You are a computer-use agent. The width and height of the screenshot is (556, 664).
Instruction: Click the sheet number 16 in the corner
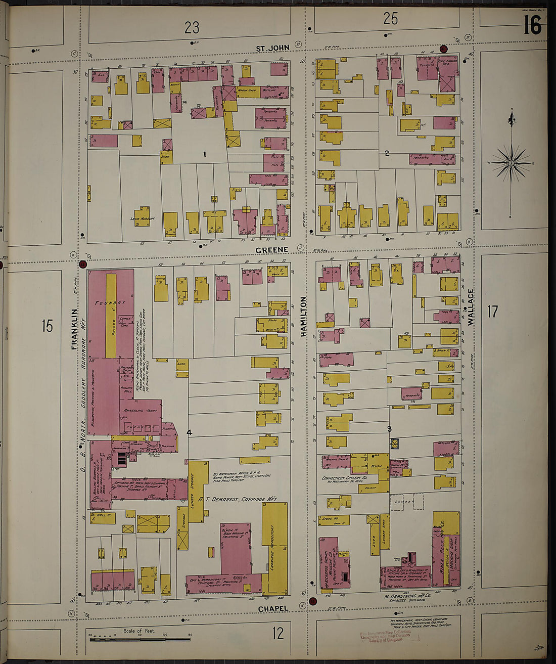coord(532,25)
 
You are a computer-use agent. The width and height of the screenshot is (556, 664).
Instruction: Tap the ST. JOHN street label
coord(272,49)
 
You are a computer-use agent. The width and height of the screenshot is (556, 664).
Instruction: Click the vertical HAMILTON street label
coord(304,317)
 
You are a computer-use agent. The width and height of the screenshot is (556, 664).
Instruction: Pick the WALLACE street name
coord(471,306)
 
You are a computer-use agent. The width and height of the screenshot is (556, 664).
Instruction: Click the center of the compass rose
coord(511,163)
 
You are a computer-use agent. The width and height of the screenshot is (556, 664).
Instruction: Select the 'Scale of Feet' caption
coord(140,631)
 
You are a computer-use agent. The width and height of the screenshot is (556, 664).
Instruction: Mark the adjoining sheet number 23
coord(192,27)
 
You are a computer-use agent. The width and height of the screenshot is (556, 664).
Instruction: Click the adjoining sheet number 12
coord(278,633)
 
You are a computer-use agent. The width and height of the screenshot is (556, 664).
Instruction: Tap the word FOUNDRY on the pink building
coord(110,303)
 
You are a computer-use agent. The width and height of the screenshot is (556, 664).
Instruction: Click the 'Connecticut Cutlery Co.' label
coord(344,477)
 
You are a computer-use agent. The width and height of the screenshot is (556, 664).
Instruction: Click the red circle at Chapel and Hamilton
coord(312,601)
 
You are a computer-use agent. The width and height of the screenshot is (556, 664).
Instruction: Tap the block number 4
coord(189,432)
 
